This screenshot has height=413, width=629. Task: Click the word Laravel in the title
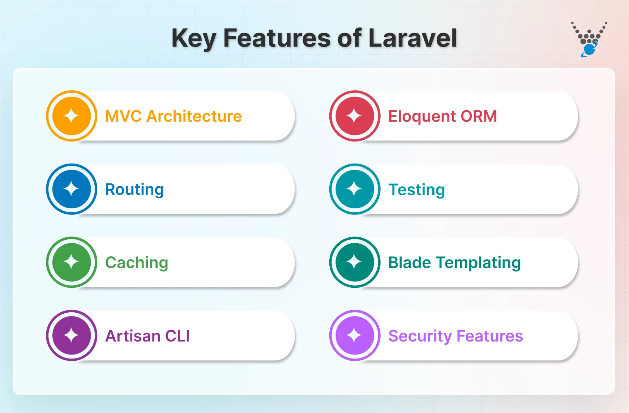(x=412, y=38)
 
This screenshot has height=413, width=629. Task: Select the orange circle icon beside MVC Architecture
(x=72, y=116)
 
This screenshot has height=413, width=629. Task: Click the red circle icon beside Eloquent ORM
(x=355, y=116)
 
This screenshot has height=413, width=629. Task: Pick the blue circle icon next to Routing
(x=72, y=189)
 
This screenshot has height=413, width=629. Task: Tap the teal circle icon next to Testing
(x=355, y=189)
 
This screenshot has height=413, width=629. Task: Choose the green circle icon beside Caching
(x=72, y=262)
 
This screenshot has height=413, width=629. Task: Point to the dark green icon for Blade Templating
(x=355, y=262)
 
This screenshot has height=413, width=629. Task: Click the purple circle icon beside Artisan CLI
(x=72, y=335)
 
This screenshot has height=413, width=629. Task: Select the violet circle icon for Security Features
(x=355, y=335)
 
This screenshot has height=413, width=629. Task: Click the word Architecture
(x=194, y=116)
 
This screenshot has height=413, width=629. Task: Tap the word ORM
(x=479, y=116)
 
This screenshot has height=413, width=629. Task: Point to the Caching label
(x=137, y=263)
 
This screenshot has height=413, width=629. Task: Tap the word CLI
(x=177, y=336)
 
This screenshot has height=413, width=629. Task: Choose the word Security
(x=420, y=336)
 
